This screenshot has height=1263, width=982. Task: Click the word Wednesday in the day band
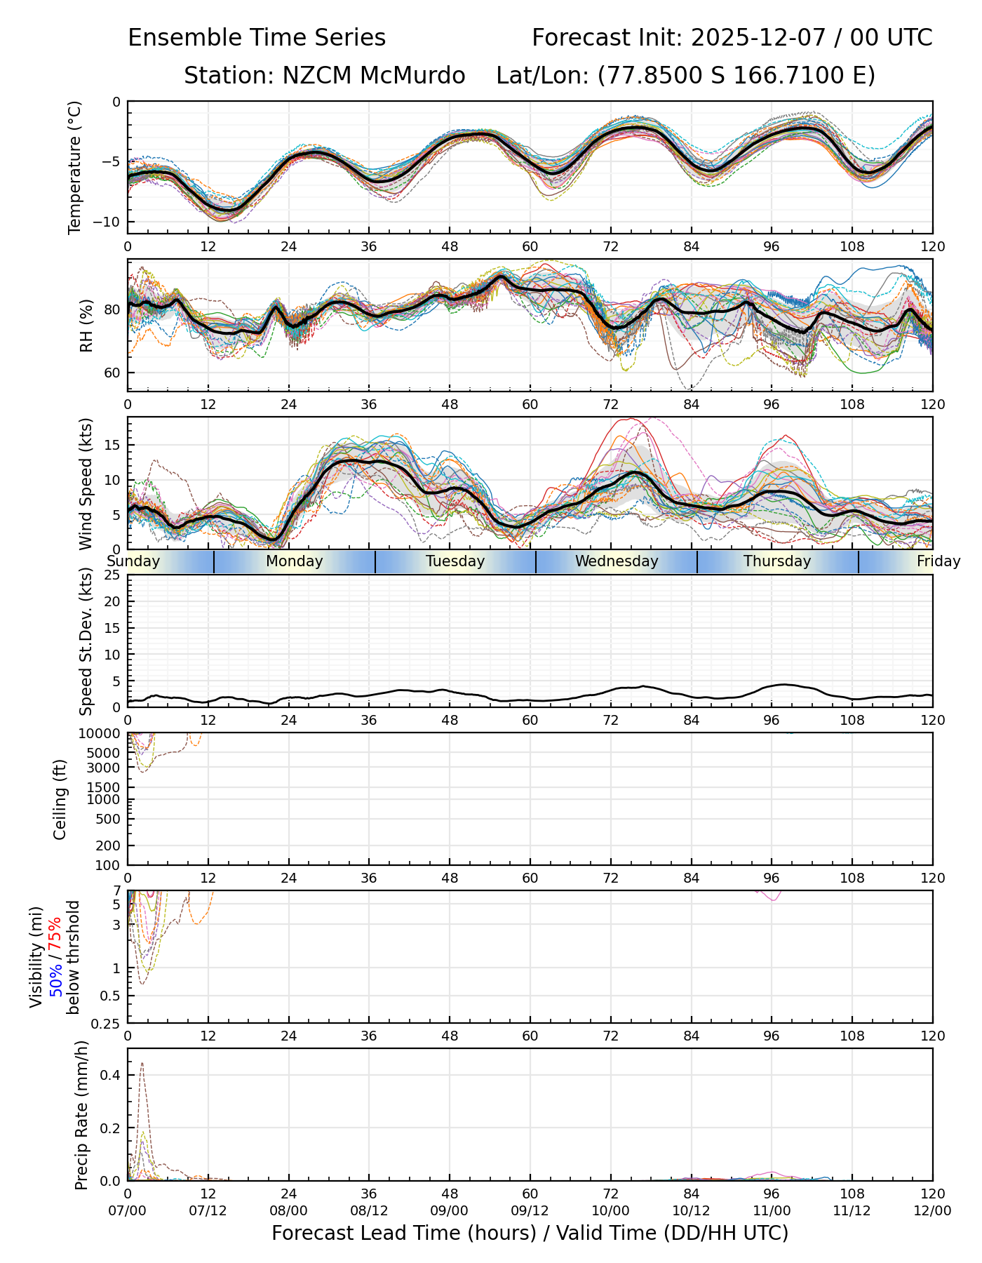[x=617, y=561]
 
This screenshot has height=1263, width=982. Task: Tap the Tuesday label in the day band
[x=455, y=561]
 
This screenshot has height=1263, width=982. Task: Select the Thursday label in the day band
[x=777, y=561]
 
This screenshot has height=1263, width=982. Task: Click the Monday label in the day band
[x=295, y=561]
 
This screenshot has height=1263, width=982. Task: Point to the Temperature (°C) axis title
[x=75, y=167]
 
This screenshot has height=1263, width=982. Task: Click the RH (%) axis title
[x=86, y=325]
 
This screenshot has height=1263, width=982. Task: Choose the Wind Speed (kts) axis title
[x=86, y=483]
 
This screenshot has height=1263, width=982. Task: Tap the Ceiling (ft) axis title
[x=60, y=799]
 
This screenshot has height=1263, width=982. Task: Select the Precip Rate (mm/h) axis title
[x=82, y=1115]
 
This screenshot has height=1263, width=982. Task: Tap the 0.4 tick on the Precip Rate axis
[x=112, y=1076]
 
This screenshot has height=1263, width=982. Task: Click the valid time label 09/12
[x=530, y=1212]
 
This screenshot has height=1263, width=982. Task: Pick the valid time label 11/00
[x=772, y=1212]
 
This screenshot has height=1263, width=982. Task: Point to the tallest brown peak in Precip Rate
[x=142, y=1064]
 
